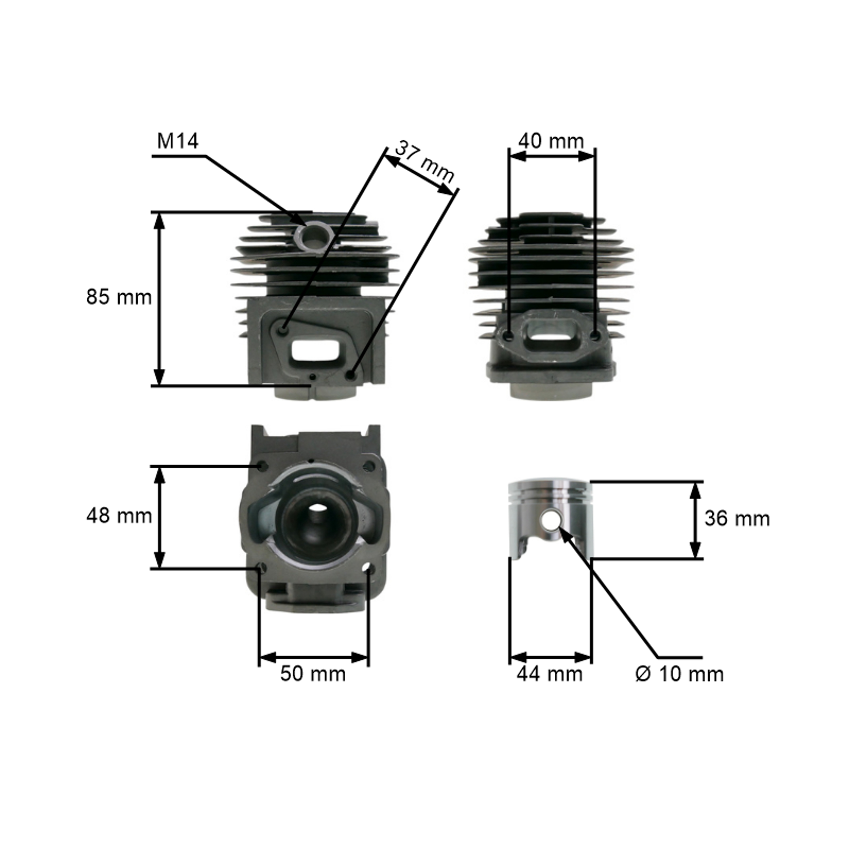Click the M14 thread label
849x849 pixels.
(177, 141)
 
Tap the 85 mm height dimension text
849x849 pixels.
(119, 297)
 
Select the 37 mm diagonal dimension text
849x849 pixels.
(424, 161)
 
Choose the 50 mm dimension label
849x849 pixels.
(313, 674)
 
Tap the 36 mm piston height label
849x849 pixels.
(737, 519)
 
